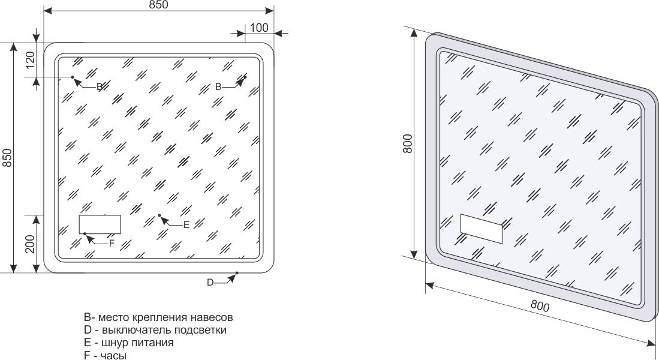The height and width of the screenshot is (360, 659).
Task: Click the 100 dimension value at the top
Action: pyautogui.click(x=259, y=28)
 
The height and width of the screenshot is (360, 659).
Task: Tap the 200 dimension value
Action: pyautogui.click(x=31, y=244)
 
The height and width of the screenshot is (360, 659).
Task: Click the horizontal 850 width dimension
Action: pyautogui.click(x=159, y=5)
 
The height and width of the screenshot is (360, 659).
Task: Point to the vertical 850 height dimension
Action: pyautogui.click(x=8, y=158)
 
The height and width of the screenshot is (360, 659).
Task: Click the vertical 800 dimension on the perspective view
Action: pyautogui.click(x=408, y=143)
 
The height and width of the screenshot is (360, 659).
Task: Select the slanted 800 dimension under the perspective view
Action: pyautogui.click(x=540, y=306)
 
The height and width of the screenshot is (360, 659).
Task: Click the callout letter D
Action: pyautogui.click(x=210, y=283)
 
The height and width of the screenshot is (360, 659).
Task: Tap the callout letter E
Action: pyautogui.click(x=186, y=225)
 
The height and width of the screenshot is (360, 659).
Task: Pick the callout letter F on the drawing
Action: pyautogui.click(x=112, y=243)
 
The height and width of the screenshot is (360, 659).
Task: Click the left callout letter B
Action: pyautogui.click(x=100, y=86)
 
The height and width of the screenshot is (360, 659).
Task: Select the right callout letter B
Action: pyautogui.click(x=218, y=87)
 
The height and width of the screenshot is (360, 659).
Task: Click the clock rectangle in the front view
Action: pyautogui.click(x=100, y=224)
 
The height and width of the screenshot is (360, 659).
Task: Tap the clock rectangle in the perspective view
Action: pyautogui.click(x=482, y=229)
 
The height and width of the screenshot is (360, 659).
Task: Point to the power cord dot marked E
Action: pyautogui.click(x=160, y=215)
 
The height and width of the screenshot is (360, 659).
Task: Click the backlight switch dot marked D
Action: pyautogui.click(x=237, y=274)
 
